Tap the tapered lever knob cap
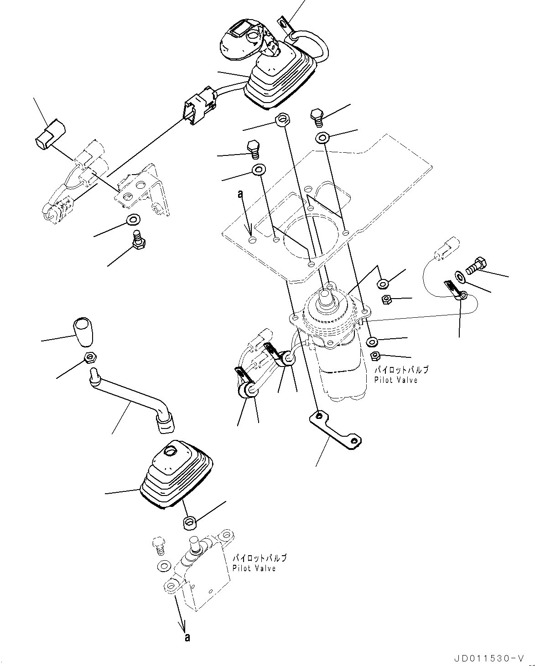tap(83, 331)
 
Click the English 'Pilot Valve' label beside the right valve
tap(396, 380)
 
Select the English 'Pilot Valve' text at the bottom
tap(254, 568)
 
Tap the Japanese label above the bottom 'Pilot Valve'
tap(260, 558)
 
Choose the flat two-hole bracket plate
tap(335, 430)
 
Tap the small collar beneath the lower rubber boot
tap(190, 522)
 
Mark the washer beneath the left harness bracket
tap(133, 220)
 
